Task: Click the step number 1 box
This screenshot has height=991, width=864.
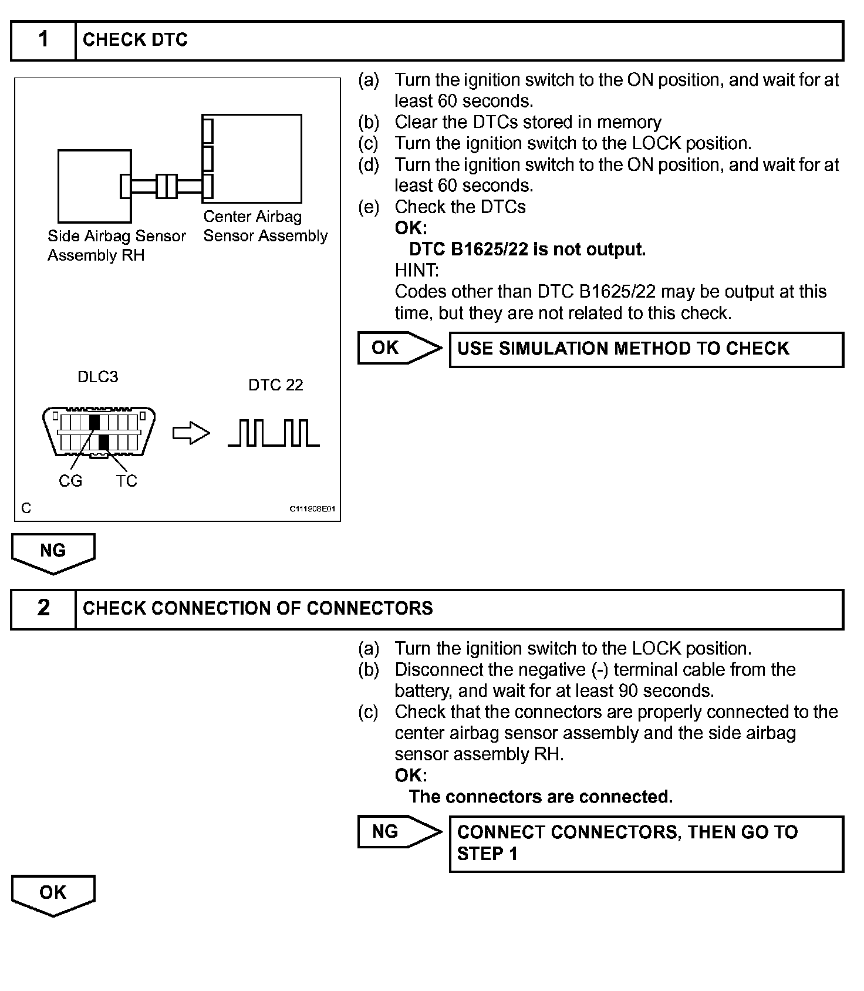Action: pos(43,40)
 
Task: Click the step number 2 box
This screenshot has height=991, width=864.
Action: pos(43,608)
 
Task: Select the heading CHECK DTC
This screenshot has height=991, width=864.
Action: pos(135,40)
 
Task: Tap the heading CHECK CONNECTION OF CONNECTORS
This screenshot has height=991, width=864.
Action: pos(258,608)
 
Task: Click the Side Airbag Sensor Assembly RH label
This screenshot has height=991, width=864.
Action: pos(116,245)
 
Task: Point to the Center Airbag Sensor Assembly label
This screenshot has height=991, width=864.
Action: pos(265,226)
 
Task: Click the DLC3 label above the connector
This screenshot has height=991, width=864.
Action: pos(97,377)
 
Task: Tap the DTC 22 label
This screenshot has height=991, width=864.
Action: pos(275,385)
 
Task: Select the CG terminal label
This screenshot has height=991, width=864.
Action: pos(70,481)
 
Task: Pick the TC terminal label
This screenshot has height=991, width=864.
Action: pos(126,481)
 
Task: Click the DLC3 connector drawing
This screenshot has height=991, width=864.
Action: pos(99,432)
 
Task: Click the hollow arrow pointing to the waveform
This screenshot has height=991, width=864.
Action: pos(191,434)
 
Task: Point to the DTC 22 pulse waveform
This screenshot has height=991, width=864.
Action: pos(274,433)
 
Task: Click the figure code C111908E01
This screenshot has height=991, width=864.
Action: pos(312,509)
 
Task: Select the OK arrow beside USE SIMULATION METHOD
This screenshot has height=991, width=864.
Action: pos(399,348)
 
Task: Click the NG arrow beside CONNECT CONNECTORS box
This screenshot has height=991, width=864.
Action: pos(399,832)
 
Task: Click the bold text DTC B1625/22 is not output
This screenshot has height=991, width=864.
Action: pos(527,250)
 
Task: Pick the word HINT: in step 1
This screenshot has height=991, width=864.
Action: pos(416,271)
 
